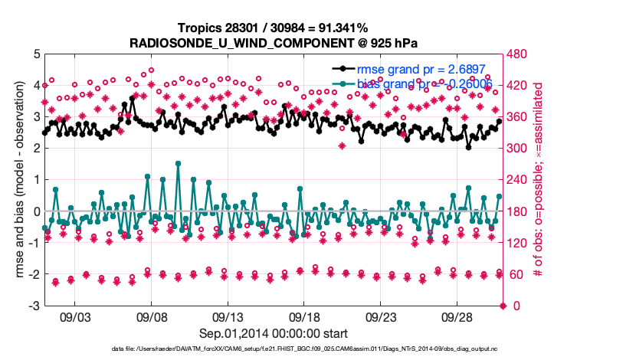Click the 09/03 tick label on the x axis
pos(75,316)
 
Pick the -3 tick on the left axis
pos(34,306)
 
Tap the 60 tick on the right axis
pos(513,274)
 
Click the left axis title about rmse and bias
pos(15,180)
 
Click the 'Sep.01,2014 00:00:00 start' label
pos(274,333)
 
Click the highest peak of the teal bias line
pos(178,163)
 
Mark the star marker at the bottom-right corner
pos(503,306)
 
